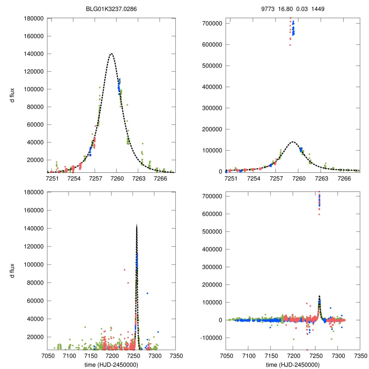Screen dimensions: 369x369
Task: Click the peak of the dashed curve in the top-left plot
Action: coord(111,54)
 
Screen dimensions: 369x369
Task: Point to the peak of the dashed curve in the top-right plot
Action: coord(293,142)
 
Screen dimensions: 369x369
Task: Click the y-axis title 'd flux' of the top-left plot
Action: coord(13,95)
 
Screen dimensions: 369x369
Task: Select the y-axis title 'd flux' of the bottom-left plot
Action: coord(13,270)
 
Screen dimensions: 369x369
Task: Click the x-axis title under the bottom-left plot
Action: coord(111,364)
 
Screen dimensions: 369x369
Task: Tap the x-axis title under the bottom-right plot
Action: coord(293,364)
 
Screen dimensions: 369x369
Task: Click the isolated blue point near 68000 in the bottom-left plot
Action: coord(147,293)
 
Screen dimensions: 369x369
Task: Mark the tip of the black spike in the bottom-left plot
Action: coord(137,224)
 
